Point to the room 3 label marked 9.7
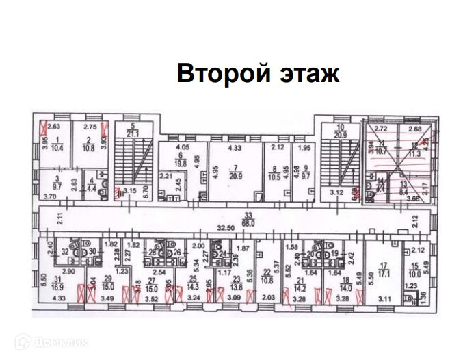click(x=57, y=183)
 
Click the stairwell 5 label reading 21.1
click(x=133, y=129)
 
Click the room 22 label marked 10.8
click(x=268, y=277)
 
